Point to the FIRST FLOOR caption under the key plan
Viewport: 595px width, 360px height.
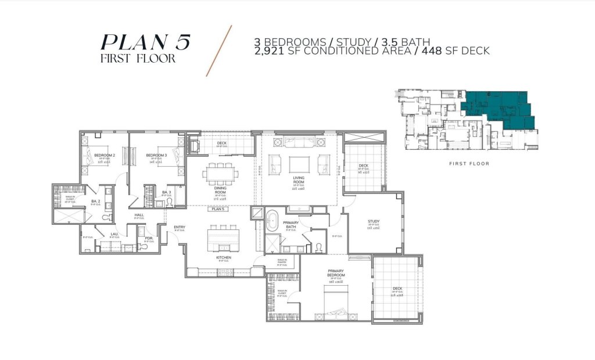(x=469, y=164)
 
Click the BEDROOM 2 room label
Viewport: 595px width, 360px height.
(x=105, y=156)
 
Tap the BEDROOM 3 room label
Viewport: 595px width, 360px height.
(x=156, y=156)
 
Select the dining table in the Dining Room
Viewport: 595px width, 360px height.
(x=220, y=172)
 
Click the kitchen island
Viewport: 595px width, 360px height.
(x=223, y=236)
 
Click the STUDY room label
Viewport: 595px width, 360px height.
(x=373, y=221)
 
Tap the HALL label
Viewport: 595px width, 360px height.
(x=139, y=215)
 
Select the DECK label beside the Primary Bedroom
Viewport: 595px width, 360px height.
(x=397, y=289)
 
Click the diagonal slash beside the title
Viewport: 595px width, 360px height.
(x=219, y=51)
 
